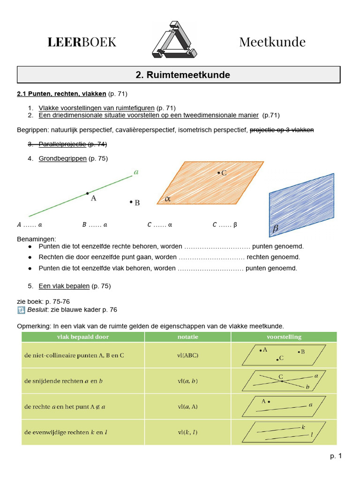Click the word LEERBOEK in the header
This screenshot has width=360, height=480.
(82, 42)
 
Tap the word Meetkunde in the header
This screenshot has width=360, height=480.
(272, 42)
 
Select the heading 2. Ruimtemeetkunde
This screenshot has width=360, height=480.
(179, 75)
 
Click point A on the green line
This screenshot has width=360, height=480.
(87, 193)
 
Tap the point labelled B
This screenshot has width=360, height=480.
(131, 202)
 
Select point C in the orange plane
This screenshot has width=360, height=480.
(218, 173)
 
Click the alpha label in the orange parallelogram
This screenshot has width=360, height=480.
(167, 199)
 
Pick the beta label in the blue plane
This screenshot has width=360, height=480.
(276, 229)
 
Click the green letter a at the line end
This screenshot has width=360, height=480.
(136, 172)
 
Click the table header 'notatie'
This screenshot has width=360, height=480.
(187, 337)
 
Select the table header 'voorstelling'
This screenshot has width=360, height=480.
(284, 337)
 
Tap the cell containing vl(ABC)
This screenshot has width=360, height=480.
(187, 355)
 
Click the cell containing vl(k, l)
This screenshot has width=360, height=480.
(187, 432)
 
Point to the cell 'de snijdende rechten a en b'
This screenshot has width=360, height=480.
(63, 381)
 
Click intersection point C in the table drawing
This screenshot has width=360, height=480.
(281, 381)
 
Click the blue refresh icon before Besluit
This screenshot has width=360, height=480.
(21, 310)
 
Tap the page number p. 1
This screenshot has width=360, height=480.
(336, 456)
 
